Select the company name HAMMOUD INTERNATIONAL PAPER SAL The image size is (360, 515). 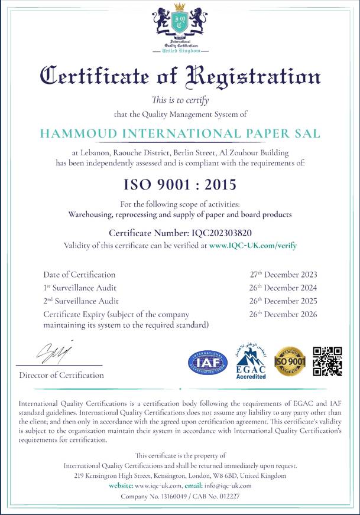coord(180,133)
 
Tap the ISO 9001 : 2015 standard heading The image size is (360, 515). coord(180,184)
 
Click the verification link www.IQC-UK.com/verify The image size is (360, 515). coord(252,245)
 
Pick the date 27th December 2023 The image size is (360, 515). coord(283,275)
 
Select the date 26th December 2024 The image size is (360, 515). coord(283,288)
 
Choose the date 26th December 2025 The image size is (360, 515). coord(283,301)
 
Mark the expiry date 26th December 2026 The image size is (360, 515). coord(283,314)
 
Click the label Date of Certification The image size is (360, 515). coord(79,275)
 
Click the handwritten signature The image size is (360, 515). coord(54,353)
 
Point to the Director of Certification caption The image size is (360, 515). coord(61,375)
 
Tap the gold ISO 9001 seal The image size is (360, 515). coord(290,361)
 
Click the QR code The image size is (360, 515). coord(327,361)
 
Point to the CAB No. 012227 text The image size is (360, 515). coord(214,496)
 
